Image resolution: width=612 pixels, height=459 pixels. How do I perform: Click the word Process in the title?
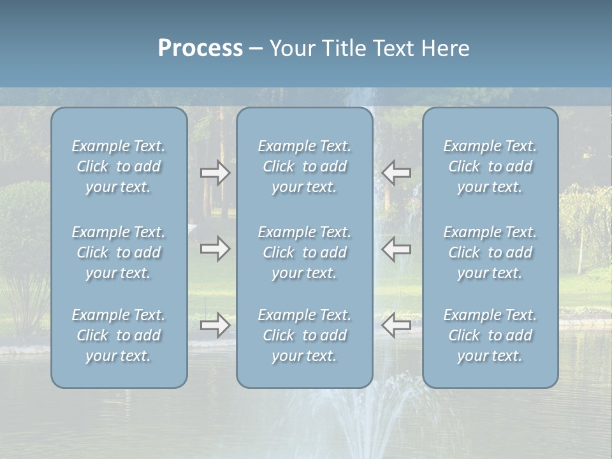[x=200, y=48]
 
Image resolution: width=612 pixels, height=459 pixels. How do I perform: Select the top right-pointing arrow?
[x=215, y=173]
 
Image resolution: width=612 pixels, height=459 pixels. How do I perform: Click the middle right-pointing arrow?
[x=215, y=249]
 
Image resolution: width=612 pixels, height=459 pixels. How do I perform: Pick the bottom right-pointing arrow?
[x=215, y=325]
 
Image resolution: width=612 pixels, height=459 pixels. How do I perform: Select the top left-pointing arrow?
[x=397, y=173]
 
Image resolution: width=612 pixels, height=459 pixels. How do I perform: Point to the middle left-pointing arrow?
[x=397, y=249]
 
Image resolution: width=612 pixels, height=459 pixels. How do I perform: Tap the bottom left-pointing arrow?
[x=397, y=325]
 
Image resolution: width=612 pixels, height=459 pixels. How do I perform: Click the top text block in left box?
[x=119, y=166]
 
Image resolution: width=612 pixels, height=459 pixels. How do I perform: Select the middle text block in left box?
[x=119, y=252]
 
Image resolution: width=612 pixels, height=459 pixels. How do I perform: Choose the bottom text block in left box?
[x=119, y=335]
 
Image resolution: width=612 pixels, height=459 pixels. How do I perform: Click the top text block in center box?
[x=304, y=166]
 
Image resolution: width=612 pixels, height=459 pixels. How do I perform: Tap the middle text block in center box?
[x=304, y=252]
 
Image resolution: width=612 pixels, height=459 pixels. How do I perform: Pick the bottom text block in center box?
[x=304, y=335]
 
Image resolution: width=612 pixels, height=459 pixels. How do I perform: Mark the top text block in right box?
[x=490, y=166]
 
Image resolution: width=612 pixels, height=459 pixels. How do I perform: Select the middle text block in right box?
[x=490, y=252]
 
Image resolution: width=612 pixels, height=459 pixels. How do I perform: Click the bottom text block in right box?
[x=490, y=335]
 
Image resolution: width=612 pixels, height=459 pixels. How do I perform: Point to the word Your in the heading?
[x=290, y=48]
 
